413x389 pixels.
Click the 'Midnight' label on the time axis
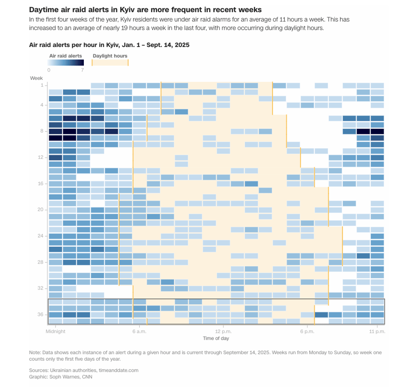(56, 331)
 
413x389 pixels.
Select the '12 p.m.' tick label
(223, 331)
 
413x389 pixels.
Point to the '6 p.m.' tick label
(307, 331)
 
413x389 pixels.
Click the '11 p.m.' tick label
(377, 331)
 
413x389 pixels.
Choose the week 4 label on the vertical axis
(41, 105)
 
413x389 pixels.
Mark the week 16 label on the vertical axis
(40, 184)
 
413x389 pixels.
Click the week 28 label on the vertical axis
(40, 262)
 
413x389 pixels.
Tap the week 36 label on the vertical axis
(40, 314)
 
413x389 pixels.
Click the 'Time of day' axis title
(216, 339)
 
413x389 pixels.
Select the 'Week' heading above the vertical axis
(36, 78)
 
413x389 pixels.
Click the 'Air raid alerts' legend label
(65, 56)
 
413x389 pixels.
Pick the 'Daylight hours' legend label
(110, 56)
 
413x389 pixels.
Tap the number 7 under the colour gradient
(82, 70)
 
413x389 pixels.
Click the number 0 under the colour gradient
(49, 70)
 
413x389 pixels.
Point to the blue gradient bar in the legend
(65, 62)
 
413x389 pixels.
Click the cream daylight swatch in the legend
(110, 62)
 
